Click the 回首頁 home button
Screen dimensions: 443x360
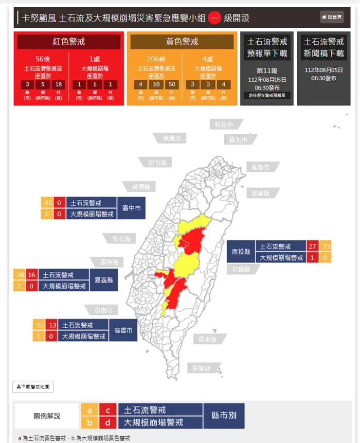332,17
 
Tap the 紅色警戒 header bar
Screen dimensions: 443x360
69,42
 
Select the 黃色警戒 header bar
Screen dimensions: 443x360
182,42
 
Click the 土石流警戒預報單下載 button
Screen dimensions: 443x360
267,47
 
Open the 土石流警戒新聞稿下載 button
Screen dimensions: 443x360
324,47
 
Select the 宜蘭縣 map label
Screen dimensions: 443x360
260,193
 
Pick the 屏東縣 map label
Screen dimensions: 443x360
201,368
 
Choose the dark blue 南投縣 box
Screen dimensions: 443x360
241,252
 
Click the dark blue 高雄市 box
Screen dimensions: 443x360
123,331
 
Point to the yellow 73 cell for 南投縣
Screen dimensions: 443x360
326,247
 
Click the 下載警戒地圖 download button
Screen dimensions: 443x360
33,387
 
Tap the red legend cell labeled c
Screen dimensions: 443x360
108,410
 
